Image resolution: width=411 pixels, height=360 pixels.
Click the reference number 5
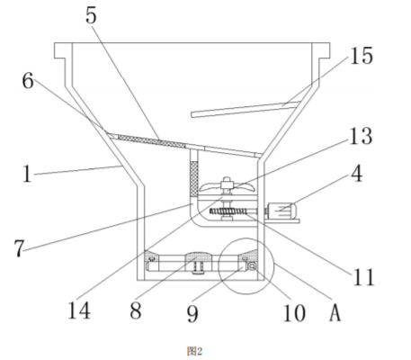point(91,15)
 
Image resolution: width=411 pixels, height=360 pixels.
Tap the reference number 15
point(362,56)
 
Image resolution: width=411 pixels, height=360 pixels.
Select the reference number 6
point(28,80)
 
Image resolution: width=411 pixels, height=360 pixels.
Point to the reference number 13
point(362,136)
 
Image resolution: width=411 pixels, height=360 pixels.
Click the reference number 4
point(357,174)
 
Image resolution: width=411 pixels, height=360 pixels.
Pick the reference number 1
point(27,174)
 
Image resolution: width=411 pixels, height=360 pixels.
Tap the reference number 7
point(19,248)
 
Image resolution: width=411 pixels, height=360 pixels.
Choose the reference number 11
point(364,276)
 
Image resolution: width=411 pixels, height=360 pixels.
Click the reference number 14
point(79,310)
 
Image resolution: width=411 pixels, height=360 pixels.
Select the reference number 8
point(136,310)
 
